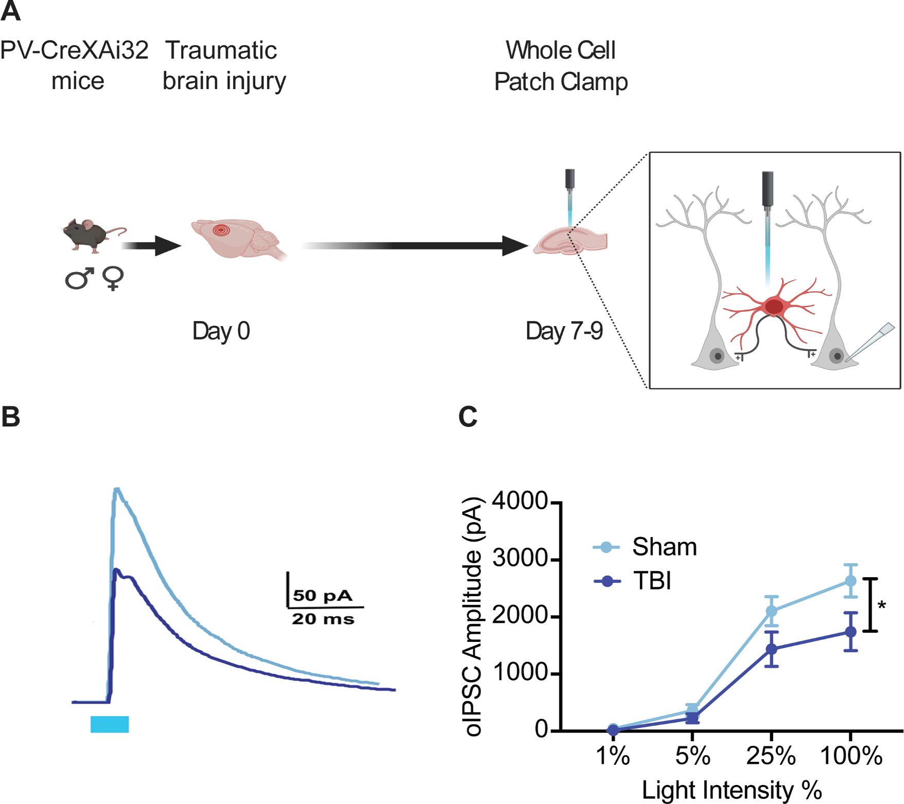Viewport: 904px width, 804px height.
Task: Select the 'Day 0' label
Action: tap(221, 331)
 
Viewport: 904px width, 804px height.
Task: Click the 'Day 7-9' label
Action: tap(564, 331)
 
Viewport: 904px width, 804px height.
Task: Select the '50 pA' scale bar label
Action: tap(323, 596)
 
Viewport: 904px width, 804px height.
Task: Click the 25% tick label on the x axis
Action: tap(771, 756)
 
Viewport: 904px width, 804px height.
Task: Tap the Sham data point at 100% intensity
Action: tap(850, 581)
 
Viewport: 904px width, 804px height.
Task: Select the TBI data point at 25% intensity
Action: tap(771, 649)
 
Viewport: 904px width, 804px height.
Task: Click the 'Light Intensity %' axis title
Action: tap(732, 790)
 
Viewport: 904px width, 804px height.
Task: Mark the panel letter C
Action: tap(468, 417)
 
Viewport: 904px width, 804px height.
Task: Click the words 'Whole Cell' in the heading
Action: tap(561, 50)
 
